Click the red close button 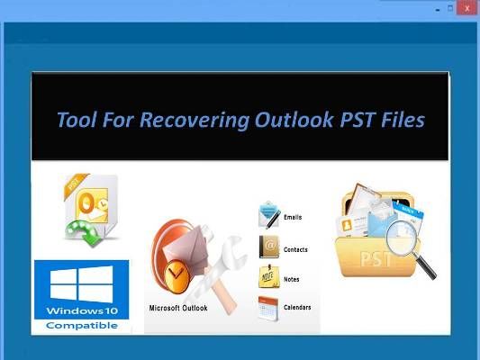[466, 7]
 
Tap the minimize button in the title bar [438, 10]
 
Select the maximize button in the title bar [450, 8]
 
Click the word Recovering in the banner [195, 120]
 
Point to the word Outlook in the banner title [294, 120]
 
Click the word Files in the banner [403, 120]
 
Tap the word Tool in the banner [77, 120]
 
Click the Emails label [293, 217]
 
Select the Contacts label [295, 249]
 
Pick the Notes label [292, 279]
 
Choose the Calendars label [297, 308]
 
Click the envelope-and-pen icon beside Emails [269, 215]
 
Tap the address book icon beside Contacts [269, 247]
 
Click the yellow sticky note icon [268, 277]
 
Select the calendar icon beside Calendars [268, 309]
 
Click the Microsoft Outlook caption [178, 308]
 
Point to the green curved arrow [83, 232]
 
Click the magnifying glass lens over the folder [403, 238]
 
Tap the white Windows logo [81, 283]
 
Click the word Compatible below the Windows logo [82, 326]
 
